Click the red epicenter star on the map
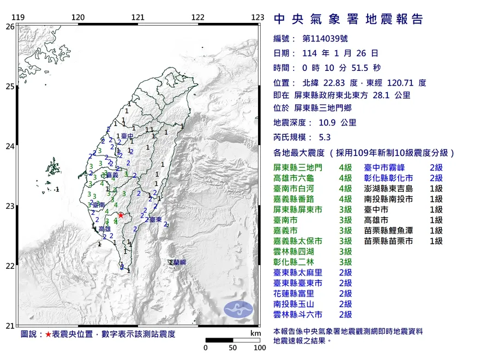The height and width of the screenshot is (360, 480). coord(121,215)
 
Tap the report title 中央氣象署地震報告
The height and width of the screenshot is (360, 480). coord(348,20)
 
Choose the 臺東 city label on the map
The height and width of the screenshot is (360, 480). coord(154,219)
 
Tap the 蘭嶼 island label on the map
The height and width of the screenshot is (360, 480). coord(178,263)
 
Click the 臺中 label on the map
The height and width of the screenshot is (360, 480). coord(127,136)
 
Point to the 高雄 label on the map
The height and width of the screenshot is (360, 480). coord(105,230)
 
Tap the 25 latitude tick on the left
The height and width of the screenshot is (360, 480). coord(10,86)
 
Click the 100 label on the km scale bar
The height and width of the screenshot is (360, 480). coord(259,347)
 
